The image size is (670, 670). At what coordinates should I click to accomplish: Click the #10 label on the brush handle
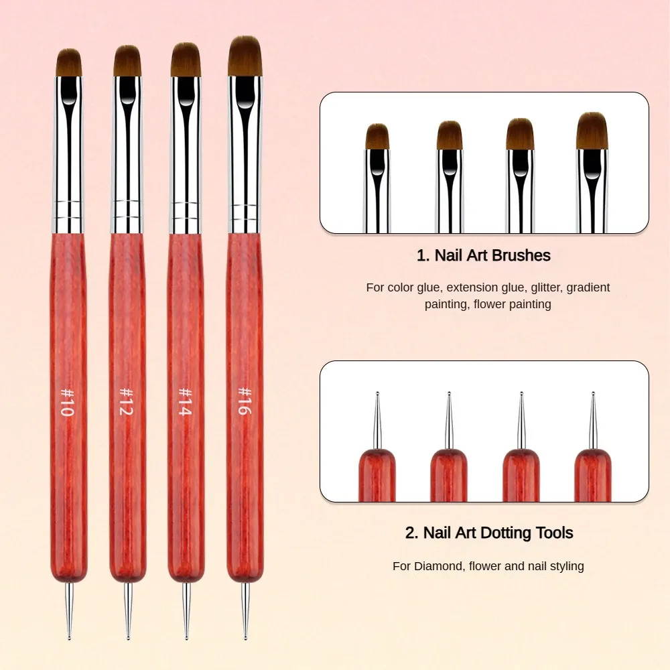[66, 401]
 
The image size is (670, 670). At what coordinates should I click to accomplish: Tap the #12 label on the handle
[125, 401]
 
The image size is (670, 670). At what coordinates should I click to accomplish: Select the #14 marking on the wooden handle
[184, 401]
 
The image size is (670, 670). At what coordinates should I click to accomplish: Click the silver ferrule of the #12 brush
[127, 154]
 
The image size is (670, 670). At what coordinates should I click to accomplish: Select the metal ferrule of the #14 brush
[186, 154]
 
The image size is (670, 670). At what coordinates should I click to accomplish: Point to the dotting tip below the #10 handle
[68, 610]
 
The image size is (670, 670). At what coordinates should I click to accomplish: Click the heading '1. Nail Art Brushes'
[483, 255]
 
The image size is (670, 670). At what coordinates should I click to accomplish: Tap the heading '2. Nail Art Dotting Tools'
[489, 533]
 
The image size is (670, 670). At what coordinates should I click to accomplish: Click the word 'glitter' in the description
[547, 287]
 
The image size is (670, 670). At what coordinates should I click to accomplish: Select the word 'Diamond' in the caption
[438, 566]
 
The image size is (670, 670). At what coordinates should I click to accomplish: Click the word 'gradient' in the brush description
[590, 287]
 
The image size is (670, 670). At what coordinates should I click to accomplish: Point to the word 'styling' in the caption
[564, 566]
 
